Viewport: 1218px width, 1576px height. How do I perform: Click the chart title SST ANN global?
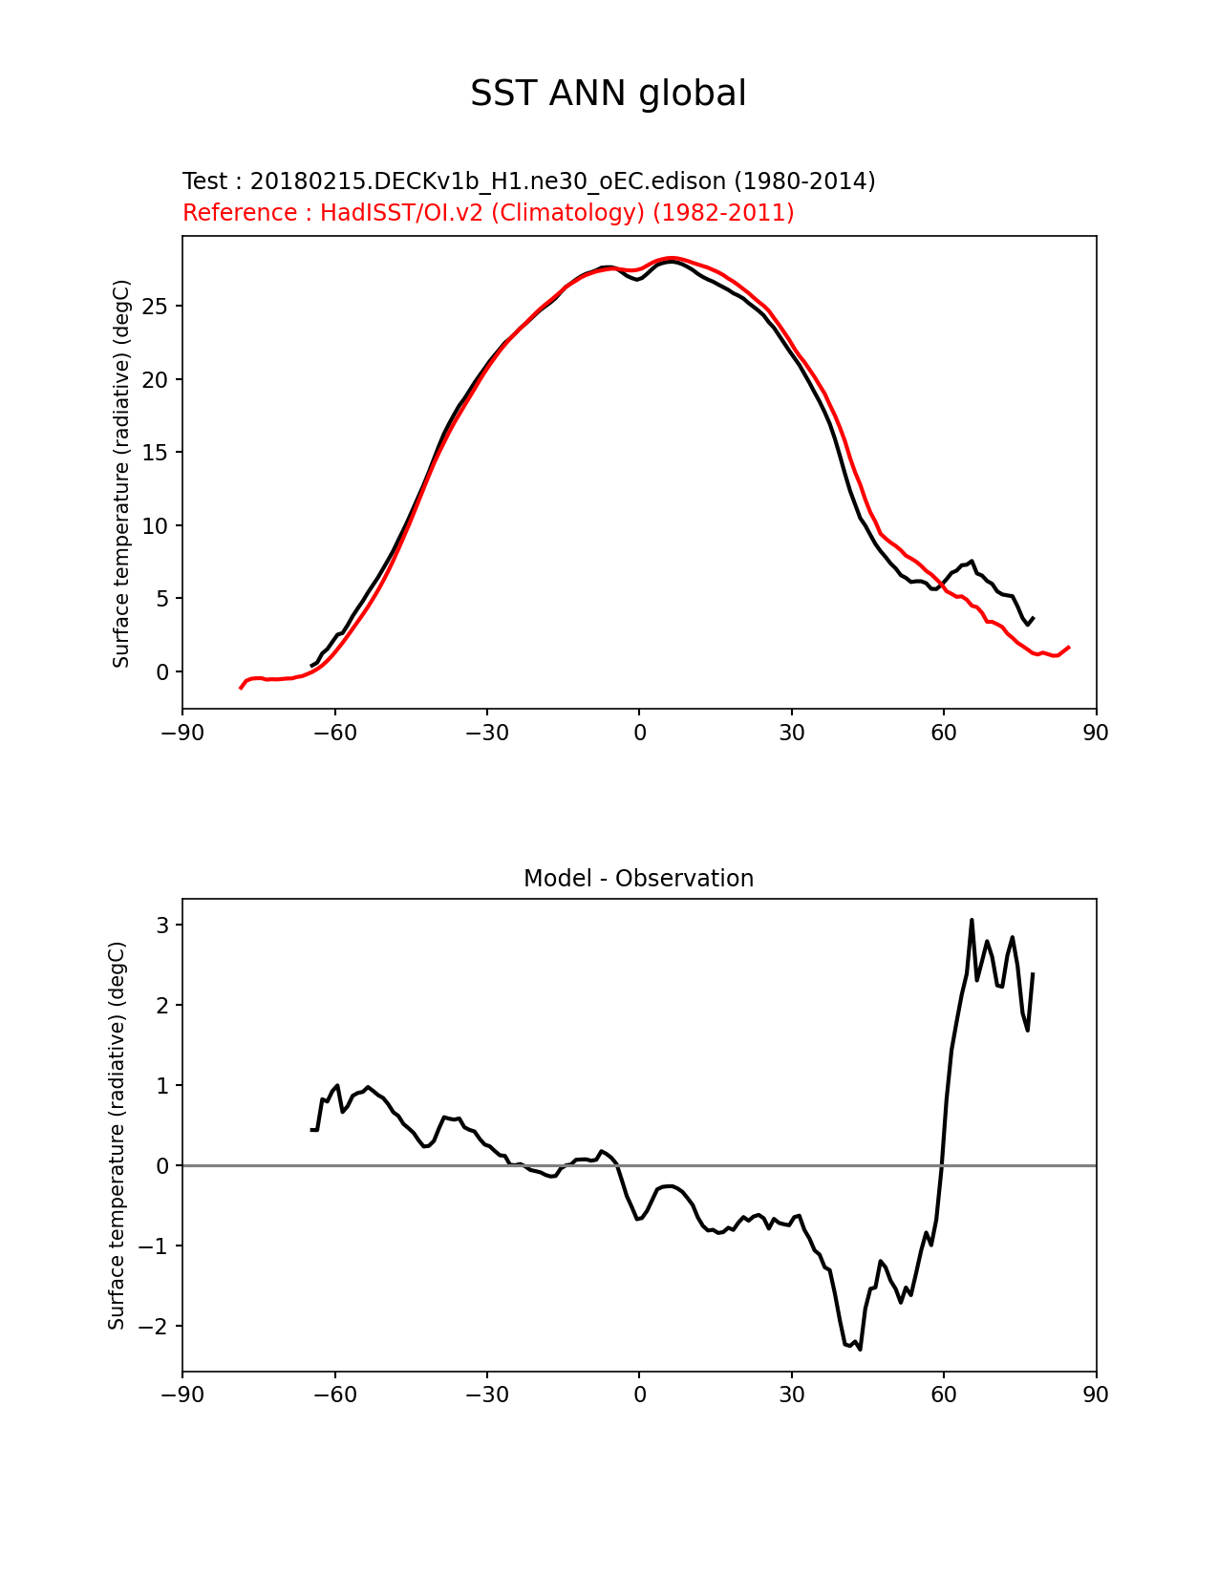pos(608,94)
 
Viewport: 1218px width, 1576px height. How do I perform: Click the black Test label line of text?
pos(528,181)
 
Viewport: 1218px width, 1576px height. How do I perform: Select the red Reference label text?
pos(487,213)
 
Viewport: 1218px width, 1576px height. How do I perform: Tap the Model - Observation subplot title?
pos(638,879)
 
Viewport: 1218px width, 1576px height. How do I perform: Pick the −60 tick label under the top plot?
pos(334,733)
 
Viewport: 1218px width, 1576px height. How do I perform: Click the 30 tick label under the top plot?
pos(792,733)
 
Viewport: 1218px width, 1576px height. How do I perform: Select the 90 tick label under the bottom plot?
pos(1096,1395)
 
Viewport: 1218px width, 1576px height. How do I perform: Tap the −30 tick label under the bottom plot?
pos(486,1395)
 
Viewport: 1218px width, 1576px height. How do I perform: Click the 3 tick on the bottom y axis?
pos(163,926)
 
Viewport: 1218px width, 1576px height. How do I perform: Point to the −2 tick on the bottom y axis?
pos(158,1327)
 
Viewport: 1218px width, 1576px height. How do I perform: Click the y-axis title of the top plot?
pos(121,474)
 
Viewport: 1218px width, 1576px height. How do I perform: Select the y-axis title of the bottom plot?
pos(117,1136)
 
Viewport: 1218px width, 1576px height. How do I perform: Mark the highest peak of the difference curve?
pos(972,920)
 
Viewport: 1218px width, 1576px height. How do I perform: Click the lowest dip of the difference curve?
pos(860,1349)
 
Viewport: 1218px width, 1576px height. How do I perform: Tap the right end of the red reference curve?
pos(1069,647)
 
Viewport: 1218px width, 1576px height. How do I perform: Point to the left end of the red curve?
pos(241,688)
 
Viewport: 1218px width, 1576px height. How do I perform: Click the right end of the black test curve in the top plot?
pos(1033,618)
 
